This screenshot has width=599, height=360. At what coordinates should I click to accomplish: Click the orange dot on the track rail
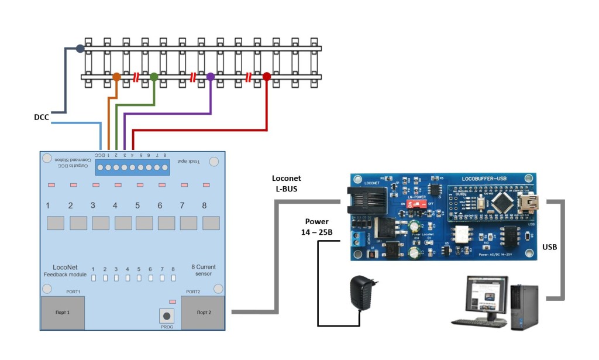click(x=116, y=77)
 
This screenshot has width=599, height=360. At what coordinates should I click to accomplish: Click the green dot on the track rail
click(x=154, y=77)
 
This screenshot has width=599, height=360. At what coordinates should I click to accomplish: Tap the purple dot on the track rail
click(x=211, y=77)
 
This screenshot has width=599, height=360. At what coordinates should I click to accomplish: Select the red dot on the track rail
click(x=267, y=77)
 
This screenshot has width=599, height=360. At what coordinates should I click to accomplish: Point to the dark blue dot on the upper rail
click(x=80, y=49)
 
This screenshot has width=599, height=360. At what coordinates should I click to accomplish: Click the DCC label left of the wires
click(x=42, y=118)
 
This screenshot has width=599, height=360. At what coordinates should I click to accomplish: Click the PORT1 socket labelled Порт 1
click(x=62, y=312)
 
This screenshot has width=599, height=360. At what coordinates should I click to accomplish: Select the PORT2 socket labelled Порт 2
click(x=202, y=312)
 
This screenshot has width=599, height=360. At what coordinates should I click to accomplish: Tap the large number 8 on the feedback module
click(x=204, y=206)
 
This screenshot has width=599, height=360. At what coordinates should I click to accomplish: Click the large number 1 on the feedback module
click(x=48, y=206)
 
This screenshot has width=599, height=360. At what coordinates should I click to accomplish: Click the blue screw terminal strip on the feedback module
click(x=133, y=167)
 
